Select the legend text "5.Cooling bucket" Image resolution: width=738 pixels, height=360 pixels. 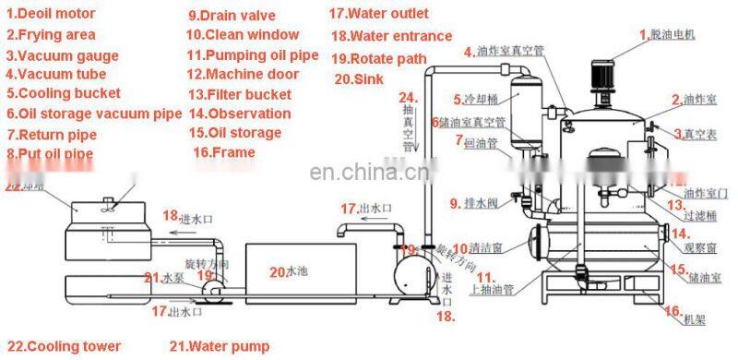point(64,93)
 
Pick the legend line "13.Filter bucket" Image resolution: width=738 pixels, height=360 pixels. point(239,94)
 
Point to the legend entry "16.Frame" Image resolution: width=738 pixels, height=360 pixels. point(224,152)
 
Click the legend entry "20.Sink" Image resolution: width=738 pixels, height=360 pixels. point(358,79)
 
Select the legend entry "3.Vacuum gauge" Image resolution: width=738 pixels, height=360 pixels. point(63,54)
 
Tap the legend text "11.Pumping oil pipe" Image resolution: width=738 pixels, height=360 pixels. point(253,54)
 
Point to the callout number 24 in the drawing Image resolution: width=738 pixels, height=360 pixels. point(408,98)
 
